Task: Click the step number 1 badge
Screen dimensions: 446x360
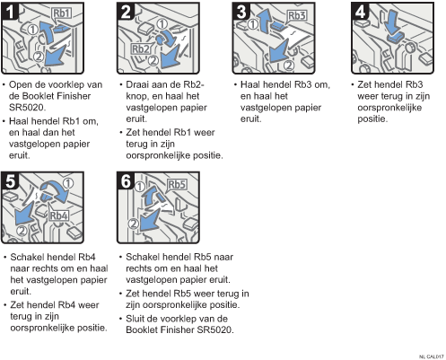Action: [x=10, y=12]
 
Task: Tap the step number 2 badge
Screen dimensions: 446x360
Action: [x=126, y=12]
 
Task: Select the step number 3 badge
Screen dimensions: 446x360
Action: [x=241, y=12]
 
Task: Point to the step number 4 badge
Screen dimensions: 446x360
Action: [x=360, y=12]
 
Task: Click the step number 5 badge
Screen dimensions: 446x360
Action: [x=10, y=181]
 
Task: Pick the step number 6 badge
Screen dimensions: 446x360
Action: [x=126, y=181]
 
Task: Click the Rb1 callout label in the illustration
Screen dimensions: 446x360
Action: [x=62, y=13]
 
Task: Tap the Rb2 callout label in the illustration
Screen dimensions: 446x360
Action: [x=141, y=48]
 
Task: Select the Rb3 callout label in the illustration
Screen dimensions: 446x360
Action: [x=297, y=15]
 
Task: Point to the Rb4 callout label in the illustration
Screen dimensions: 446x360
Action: [x=59, y=215]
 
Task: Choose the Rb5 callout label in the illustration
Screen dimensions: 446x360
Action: [x=177, y=184]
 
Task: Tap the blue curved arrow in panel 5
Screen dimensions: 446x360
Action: [x=57, y=189]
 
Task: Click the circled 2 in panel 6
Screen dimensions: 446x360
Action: [x=134, y=224]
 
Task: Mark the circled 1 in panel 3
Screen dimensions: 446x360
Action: [x=253, y=24]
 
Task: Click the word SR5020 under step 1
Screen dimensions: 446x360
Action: [x=27, y=108]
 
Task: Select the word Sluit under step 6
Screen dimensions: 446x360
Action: [x=136, y=319]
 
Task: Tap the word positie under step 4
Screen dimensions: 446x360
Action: [x=372, y=119]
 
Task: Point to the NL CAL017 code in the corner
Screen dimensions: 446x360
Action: [x=432, y=356]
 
